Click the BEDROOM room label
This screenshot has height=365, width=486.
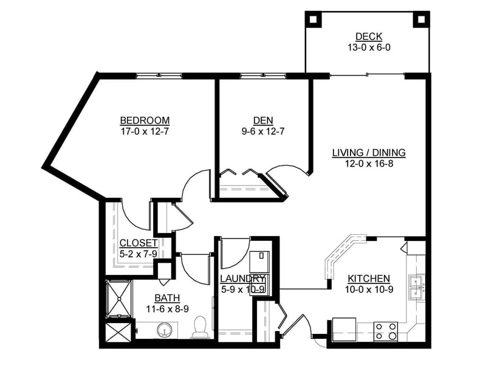tap(145, 120)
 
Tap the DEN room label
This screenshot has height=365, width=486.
tap(263, 120)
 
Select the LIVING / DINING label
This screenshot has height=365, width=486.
tap(369, 153)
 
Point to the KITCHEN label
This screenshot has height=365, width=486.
tap(369, 279)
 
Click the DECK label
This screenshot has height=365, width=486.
tap(369, 36)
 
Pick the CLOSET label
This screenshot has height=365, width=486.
tap(139, 243)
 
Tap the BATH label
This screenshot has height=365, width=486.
tap(168, 298)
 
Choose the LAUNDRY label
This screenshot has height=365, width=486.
tap(242, 279)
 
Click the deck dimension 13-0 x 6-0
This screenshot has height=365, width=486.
tap(369, 47)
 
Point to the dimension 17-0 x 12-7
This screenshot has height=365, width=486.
tap(145, 131)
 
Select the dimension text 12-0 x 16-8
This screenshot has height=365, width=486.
tap(369, 164)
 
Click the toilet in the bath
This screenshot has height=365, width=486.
tap(200, 327)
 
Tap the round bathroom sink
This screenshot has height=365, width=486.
tap(164, 330)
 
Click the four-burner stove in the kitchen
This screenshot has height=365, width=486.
tap(386, 331)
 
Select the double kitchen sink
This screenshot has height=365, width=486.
tap(417, 287)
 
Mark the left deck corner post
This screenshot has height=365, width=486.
tap(313, 19)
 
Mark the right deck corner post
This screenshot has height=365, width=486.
tap(421, 19)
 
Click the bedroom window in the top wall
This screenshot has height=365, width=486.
tap(159, 75)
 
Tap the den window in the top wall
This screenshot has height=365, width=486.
tap(263, 75)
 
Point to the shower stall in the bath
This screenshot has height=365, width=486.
tap(119, 299)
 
